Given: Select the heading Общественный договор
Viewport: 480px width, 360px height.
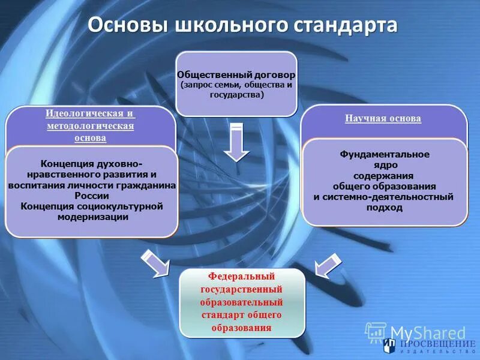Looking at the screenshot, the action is point(236,76).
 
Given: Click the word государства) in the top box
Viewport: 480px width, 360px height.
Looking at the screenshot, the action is point(237,95).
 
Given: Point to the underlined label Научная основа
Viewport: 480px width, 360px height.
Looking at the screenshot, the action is point(383,119).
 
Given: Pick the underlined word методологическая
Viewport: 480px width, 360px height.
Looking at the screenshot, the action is point(90,126).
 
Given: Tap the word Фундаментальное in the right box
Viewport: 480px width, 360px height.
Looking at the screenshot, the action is point(385,154).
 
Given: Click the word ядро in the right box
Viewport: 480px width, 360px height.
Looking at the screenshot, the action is point(384,164).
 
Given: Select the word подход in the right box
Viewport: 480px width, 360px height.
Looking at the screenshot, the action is point(384,207).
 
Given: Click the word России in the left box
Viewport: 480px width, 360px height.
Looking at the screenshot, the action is point(92,196).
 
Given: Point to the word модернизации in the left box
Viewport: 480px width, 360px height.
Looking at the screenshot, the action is point(92,217).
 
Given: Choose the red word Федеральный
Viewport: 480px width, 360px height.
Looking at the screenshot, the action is point(241,277).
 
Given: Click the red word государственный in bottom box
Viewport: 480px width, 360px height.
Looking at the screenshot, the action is point(241,290).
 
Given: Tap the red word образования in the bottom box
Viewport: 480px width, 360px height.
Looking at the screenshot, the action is point(241,328).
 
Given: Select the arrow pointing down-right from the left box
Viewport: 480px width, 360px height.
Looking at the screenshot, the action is point(154,263).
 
